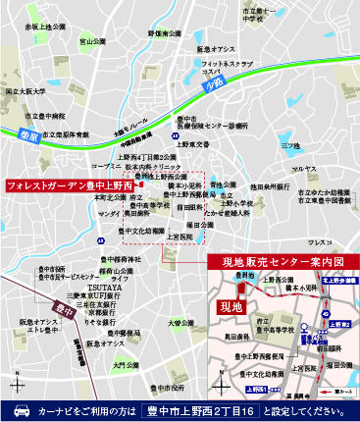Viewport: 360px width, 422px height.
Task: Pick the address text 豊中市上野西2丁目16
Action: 201,410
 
